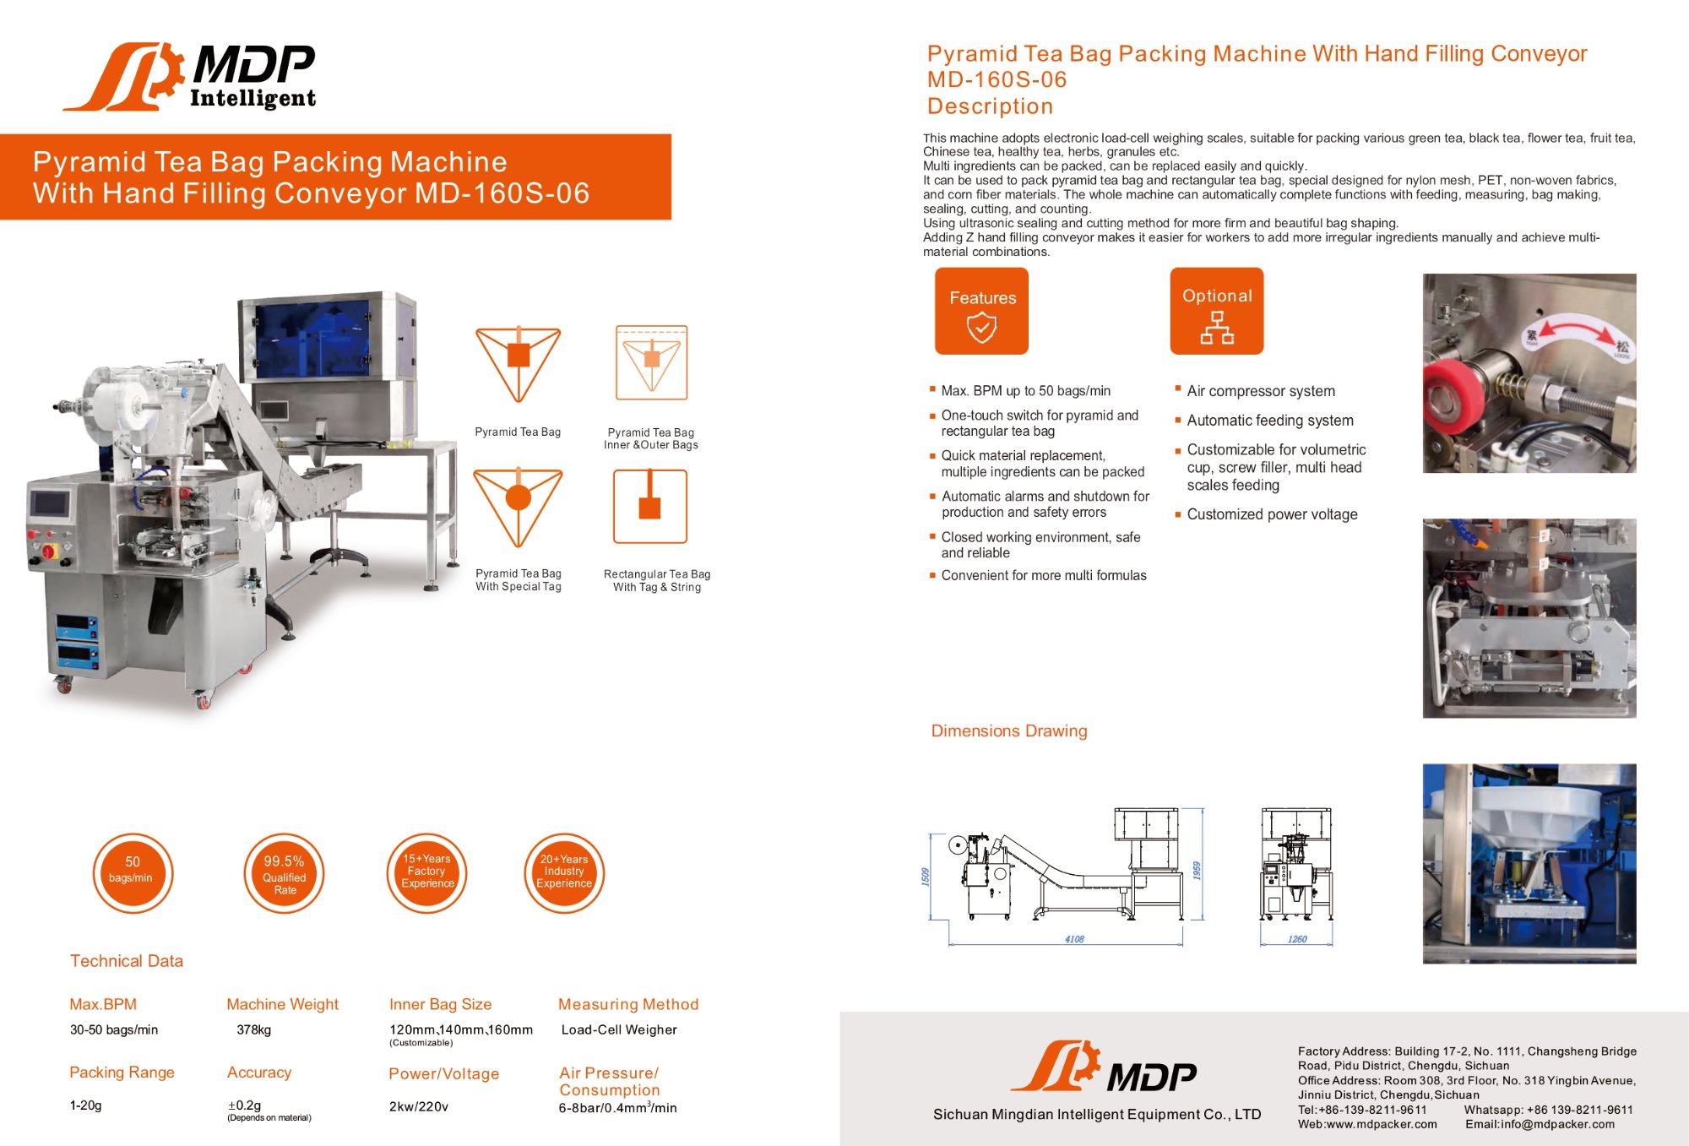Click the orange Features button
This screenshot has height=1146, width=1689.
pyautogui.click(x=981, y=311)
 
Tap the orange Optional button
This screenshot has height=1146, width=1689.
pyautogui.click(x=1217, y=311)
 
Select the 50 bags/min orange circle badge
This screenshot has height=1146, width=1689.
pyautogui.click(x=133, y=873)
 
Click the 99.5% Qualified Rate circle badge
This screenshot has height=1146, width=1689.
pyautogui.click(x=284, y=873)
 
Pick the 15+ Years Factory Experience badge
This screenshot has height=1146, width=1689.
pyautogui.click(x=427, y=873)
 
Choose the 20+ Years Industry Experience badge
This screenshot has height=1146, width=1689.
pyautogui.click(x=564, y=873)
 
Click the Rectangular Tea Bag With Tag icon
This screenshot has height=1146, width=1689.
pyautogui.click(x=650, y=507)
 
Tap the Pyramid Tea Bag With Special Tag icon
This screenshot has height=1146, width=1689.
pyautogui.click(x=518, y=508)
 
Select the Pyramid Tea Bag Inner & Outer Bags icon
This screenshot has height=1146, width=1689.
pyautogui.click(x=651, y=362)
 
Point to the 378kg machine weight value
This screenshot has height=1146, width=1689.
pyautogui.click(x=254, y=1030)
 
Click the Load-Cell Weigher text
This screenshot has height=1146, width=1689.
pyautogui.click(x=619, y=1030)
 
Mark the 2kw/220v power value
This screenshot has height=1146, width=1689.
pyautogui.click(x=419, y=1106)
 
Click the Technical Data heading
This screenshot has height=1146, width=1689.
pyautogui.click(x=127, y=961)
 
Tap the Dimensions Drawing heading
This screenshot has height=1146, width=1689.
pyautogui.click(x=1009, y=731)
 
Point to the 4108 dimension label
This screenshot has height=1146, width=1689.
pyautogui.click(x=1074, y=939)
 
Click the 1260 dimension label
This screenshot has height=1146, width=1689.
pyautogui.click(x=1297, y=939)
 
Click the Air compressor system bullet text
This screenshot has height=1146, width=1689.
pyautogui.click(x=1261, y=391)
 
